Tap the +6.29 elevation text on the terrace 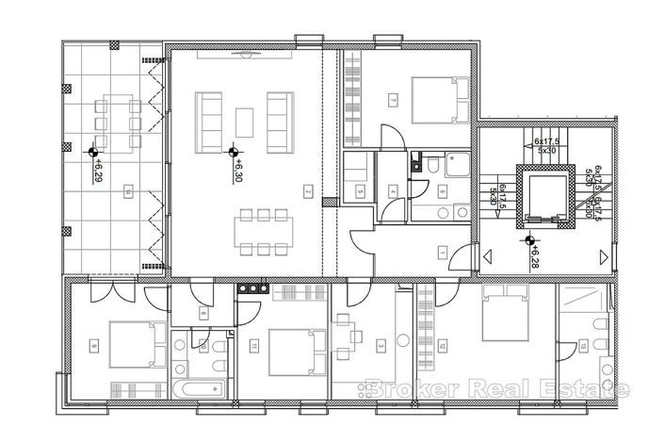pos(98,172)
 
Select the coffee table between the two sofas pos(245,123)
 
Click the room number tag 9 pos(93,346)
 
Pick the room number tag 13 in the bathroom pos(584,348)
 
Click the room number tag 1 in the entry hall pos(442,252)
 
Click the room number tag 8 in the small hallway pos(202,313)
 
